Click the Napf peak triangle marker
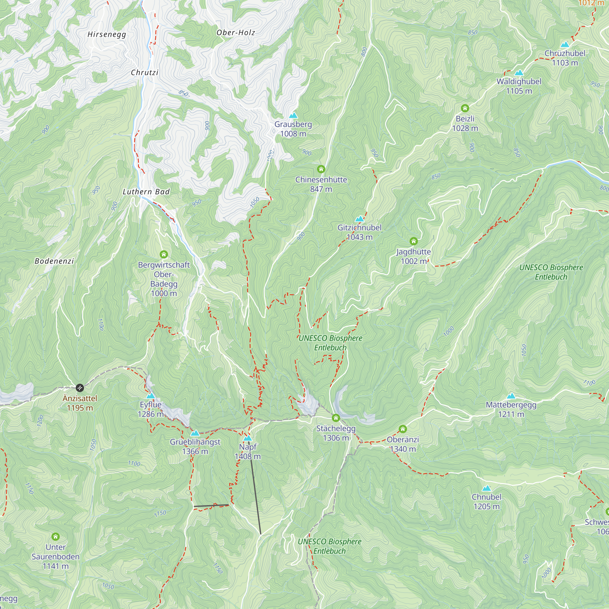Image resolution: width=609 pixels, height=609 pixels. click(x=248, y=438)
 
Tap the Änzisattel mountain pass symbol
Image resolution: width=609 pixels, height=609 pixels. click(x=80, y=387)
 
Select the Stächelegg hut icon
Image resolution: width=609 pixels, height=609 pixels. click(x=336, y=418)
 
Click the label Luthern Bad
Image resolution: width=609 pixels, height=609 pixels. click(x=146, y=192)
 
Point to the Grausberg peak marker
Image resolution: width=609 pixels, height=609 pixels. click(x=293, y=115)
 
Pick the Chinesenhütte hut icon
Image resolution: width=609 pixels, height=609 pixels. click(x=321, y=169)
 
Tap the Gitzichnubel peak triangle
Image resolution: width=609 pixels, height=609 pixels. click(x=359, y=219)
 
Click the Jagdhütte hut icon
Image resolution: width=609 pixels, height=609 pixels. click(x=414, y=241)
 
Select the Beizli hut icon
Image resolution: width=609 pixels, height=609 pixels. click(x=465, y=108)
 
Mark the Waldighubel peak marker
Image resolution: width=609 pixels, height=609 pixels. click(x=519, y=73)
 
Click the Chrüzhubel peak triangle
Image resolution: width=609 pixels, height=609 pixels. click(x=565, y=44)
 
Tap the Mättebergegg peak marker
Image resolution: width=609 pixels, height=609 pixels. click(x=511, y=396)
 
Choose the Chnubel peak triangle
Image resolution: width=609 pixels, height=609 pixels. click(x=486, y=488)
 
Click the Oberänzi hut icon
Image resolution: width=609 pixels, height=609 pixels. click(x=403, y=429)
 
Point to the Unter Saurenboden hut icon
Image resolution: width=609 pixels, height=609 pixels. click(x=55, y=537)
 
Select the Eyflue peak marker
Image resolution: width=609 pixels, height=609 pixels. click(x=150, y=396)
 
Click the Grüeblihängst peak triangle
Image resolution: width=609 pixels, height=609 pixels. click(x=195, y=433)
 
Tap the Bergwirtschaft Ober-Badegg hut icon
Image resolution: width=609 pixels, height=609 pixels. click(x=164, y=254)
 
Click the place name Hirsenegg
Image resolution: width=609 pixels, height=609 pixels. click(x=107, y=34)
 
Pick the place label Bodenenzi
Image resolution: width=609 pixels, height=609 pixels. click(x=54, y=261)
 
